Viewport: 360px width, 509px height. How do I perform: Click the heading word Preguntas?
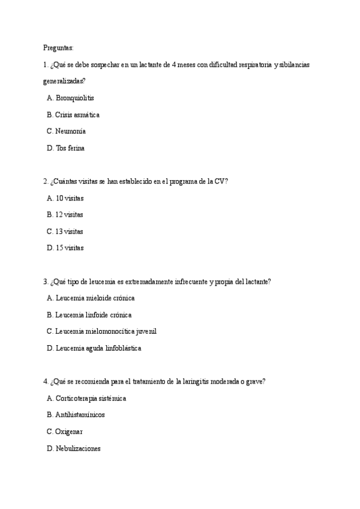(58, 47)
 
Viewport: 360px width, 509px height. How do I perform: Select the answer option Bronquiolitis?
(74, 97)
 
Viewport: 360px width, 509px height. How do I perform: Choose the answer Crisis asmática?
(77, 114)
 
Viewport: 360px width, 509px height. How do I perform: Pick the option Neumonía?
(70, 131)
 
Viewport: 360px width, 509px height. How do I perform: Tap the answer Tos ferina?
(70, 148)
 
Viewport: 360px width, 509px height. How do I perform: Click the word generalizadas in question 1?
(64, 80)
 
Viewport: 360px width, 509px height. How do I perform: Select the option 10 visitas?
(69, 197)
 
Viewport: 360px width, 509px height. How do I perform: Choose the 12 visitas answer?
(69, 214)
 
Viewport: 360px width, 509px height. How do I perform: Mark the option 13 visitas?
(69, 231)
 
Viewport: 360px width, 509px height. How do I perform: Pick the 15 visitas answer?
(69, 247)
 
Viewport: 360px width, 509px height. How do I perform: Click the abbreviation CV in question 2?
(220, 181)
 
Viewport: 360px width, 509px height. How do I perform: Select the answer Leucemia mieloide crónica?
(94, 298)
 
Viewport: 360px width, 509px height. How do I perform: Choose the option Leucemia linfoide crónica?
(93, 315)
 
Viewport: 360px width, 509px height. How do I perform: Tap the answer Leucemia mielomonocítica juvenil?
(106, 331)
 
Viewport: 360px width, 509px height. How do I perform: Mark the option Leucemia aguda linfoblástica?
(98, 348)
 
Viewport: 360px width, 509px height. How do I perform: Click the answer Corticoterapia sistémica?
(91, 398)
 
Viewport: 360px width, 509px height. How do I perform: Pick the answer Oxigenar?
(69, 431)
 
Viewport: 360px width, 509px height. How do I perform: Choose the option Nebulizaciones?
(77, 448)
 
